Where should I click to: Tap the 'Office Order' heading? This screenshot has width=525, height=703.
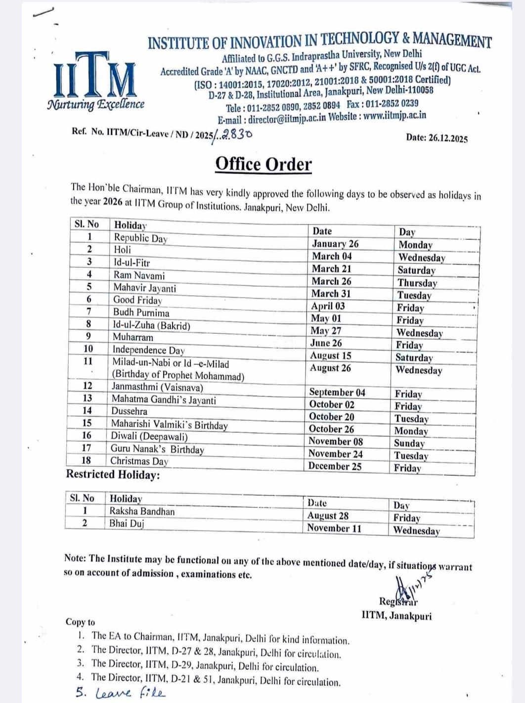point(263,164)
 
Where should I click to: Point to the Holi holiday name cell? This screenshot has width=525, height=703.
point(123,250)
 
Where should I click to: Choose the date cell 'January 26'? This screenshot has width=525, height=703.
point(335,244)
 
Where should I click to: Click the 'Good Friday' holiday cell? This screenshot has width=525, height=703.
point(137,300)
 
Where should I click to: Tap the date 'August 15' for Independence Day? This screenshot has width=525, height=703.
point(330,355)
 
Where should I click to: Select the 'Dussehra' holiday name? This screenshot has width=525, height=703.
point(129,411)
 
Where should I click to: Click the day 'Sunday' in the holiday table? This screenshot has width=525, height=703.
point(409,443)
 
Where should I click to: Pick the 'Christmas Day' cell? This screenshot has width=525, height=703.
point(139,461)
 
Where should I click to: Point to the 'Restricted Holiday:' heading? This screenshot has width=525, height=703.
point(113,475)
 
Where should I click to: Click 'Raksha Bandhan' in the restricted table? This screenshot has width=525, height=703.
point(142,511)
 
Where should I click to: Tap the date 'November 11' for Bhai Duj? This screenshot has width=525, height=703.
point(334,528)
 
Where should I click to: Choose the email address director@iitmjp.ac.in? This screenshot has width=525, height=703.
point(287,119)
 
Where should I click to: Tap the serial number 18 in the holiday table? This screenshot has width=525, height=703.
point(86,460)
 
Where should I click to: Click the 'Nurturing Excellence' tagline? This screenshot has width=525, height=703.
point(96,104)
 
